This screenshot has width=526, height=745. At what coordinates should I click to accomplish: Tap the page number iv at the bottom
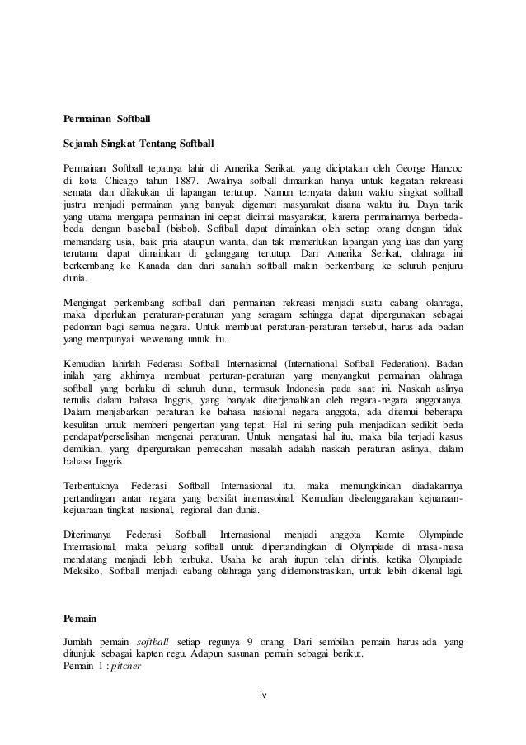(262, 716)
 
